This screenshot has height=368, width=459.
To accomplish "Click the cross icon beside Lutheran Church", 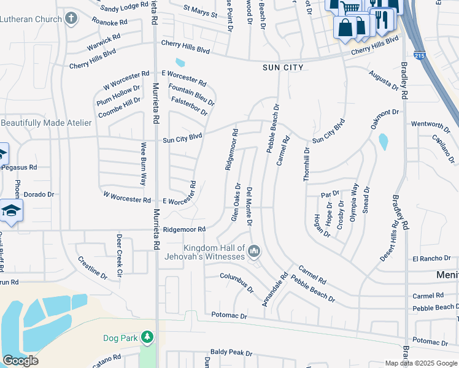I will pyautogui.click(x=71, y=18).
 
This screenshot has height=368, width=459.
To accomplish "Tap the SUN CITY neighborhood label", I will pyautogui.click(x=282, y=67).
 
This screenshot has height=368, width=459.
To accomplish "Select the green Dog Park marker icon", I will pyautogui.click(x=147, y=337).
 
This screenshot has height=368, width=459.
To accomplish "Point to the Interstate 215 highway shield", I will pyautogui.click(x=418, y=55).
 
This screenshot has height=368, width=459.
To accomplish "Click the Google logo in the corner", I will pyautogui.click(x=20, y=361).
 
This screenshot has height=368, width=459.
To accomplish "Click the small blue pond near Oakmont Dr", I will pyautogui.click(x=384, y=142).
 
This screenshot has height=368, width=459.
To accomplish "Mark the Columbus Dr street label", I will pyautogui.click(x=237, y=282).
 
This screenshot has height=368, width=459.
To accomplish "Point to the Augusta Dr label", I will pyautogui.click(x=384, y=79).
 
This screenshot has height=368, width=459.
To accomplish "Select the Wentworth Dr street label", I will pyautogui.click(x=431, y=124).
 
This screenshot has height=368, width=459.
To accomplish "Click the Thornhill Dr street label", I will pyautogui.click(x=307, y=163).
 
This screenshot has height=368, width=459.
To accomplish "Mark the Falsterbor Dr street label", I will pyautogui.click(x=190, y=105).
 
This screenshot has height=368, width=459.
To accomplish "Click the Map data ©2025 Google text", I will pyautogui.click(x=421, y=363).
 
